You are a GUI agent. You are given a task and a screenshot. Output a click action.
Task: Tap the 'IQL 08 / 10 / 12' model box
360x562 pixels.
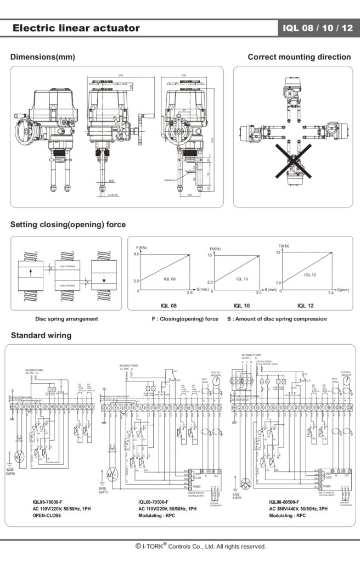coord(318,29)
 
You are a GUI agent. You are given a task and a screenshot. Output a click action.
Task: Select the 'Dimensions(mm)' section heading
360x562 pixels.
coord(43,57)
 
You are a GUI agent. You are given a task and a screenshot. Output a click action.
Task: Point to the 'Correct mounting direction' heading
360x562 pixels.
coord(299,57)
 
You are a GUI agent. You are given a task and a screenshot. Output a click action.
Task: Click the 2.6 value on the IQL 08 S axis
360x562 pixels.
coord(189,294)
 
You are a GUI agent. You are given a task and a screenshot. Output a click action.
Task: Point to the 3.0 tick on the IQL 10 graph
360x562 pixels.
coord(258,294)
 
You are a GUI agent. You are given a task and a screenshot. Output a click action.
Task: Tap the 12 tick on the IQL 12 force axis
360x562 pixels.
coord(278,252)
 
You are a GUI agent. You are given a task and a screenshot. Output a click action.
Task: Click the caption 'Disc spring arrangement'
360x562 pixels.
coord(66,319)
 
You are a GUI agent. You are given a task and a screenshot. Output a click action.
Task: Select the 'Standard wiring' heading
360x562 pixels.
coord(41,335)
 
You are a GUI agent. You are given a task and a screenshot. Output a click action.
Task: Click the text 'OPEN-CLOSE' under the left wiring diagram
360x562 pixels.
coord(46,515)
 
